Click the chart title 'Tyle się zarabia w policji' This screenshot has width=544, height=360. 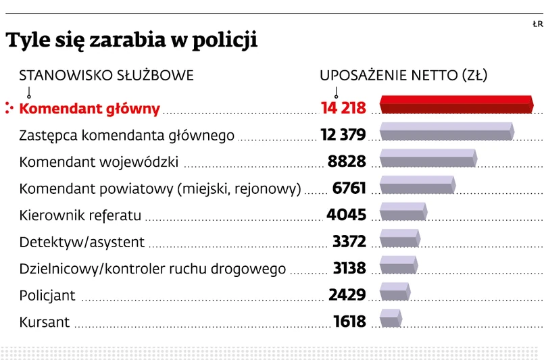click(132, 41)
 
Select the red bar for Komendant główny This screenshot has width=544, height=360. click(457, 105)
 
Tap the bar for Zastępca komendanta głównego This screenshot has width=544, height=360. click(447, 132)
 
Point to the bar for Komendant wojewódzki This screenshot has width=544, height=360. click(428, 158)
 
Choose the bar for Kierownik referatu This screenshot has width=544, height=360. click(403, 212)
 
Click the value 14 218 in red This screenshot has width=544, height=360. click(343, 108)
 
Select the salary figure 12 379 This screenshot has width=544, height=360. click(343, 135)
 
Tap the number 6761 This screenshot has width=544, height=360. click(349, 188)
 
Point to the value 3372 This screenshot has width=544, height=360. click(349, 242)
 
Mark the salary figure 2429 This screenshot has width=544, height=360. click(347, 295)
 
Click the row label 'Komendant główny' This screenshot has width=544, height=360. click(89, 108)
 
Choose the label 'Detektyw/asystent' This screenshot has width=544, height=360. click(82, 242)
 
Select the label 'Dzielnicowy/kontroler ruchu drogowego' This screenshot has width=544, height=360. click(153, 269)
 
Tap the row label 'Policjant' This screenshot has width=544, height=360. click(47, 296)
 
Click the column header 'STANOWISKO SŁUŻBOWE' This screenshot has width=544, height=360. click(106, 75)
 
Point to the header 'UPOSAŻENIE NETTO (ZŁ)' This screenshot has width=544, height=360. click(403, 75)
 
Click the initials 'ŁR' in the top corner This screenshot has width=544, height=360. click(537, 24)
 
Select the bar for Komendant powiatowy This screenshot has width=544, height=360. click(417, 185)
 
